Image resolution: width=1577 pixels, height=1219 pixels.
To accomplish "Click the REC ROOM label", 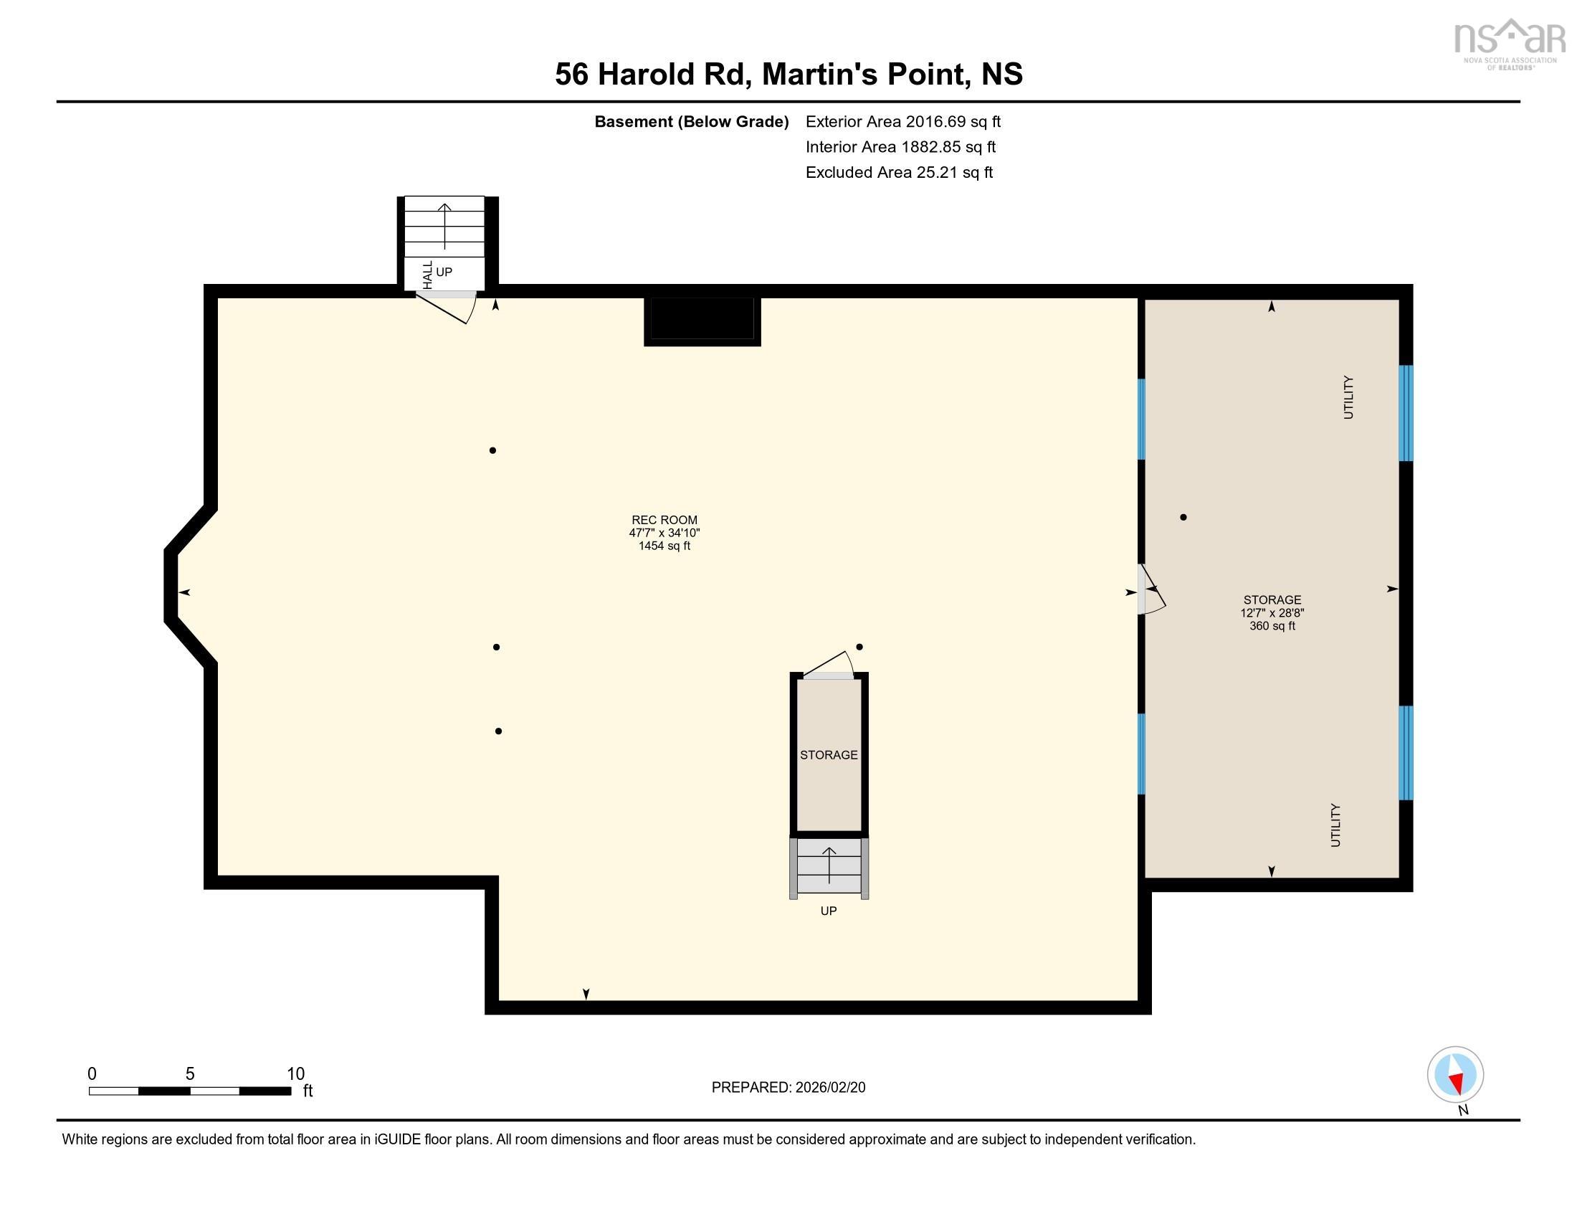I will pyautogui.click(x=664, y=519).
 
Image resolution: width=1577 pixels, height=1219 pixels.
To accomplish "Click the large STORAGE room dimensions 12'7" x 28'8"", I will pyautogui.click(x=1272, y=612).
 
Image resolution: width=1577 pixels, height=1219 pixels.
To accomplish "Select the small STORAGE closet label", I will pyautogui.click(x=828, y=754).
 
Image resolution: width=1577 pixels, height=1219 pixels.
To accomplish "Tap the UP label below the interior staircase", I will pyautogui.click(x=828, y=911).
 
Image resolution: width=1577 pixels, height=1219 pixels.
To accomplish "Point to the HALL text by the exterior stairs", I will pyautogui.click(x=427, y=275).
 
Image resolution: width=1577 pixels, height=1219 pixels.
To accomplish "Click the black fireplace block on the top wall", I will pyautogui.click(x=702, y=320).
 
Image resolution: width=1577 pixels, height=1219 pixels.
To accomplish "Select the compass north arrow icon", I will pyautogui.click(x=1455, y=1074).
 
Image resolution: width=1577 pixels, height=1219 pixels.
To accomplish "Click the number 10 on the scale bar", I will pyautogui.click(x=295, y=1073).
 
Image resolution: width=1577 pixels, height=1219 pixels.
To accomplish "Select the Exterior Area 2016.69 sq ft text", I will pyautogui.click(x=902, y=121).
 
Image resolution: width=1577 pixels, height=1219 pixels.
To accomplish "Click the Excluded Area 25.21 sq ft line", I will pyautogui.click(x=899, y=172).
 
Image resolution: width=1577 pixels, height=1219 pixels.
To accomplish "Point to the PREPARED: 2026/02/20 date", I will pyautogui.click(x=788, y=1087).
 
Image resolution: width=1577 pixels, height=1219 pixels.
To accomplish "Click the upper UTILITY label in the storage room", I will pyautogui.click(x=1348, y=397).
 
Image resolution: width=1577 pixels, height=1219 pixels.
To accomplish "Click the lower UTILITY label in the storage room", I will pyautogui.click(x=1335, y=825).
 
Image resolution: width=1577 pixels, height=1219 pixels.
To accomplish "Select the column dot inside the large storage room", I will pyautogui.click(x=1183, y=517).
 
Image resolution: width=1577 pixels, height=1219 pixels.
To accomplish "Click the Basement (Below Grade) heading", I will pyautogui.click(x=691, y=121).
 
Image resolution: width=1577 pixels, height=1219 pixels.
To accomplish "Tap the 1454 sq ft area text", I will pyautogui.click(x=664, y=546).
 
